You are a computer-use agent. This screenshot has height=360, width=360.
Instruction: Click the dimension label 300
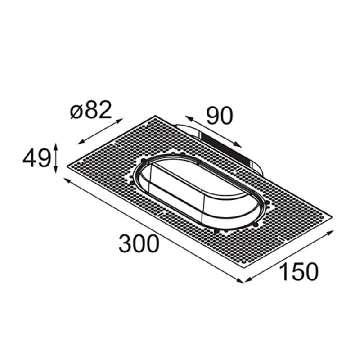139,243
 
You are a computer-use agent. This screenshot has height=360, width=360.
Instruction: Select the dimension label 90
220,116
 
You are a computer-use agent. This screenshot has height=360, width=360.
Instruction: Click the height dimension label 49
36,158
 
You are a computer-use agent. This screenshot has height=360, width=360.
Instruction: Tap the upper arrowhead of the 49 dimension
55,145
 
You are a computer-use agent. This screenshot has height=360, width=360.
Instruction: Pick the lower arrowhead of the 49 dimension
55,171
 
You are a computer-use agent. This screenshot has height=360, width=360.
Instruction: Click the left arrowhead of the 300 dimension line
67,180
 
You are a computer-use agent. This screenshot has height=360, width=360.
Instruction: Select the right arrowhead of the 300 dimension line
241,280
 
